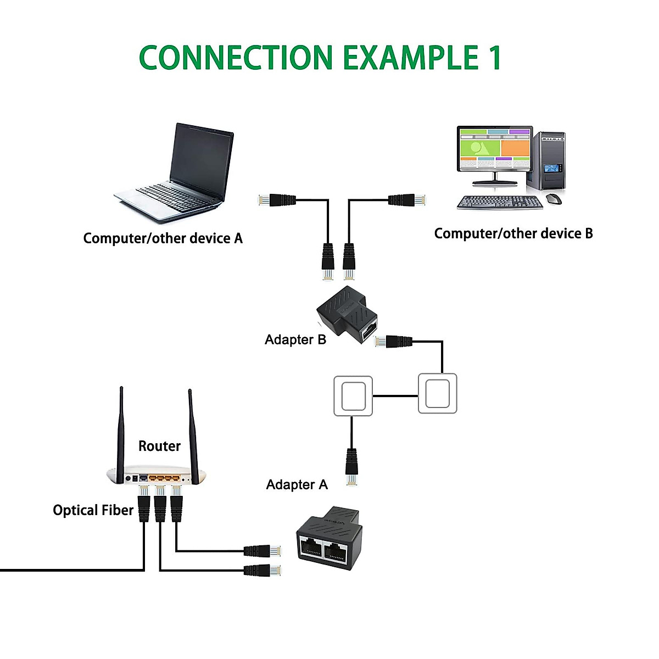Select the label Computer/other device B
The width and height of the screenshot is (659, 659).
tap(513, 234)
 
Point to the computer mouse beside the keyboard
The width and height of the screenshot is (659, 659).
tap(555, 199)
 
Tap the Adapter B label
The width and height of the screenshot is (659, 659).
tap(295, 340)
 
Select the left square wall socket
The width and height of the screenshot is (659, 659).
tap(353, 396)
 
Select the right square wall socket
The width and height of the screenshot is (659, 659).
tap(437, 393)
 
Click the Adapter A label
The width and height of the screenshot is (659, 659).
tap(297, 485)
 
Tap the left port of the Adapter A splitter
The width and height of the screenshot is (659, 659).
tap(311, 547)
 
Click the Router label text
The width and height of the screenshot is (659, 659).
tap(159, 446)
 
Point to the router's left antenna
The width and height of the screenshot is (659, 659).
tap(121, 434)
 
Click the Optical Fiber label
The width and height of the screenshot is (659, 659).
tap(93, 510)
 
